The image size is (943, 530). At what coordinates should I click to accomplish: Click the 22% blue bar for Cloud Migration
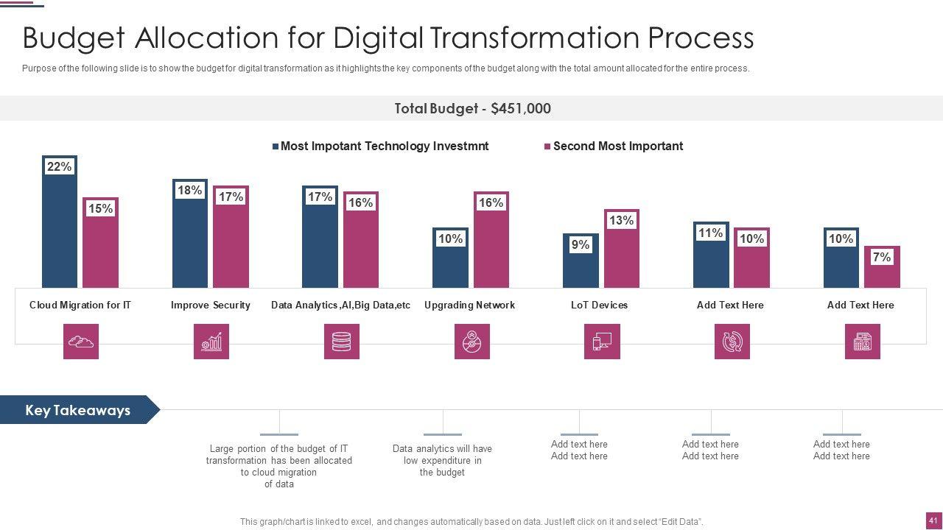click(x=60, y=228)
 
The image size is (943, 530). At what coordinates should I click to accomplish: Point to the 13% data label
click(x=621, y=220)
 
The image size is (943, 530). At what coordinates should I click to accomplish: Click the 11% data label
click(x=710, y=233)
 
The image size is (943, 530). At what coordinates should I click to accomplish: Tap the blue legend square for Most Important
click(x=276, y=146)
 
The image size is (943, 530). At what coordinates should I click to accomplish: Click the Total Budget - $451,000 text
click(x=472, y=108)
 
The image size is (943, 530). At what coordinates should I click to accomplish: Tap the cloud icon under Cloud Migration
click(x=81, y=342)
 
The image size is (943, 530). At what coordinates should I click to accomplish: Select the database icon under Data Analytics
click(x=342, y=342)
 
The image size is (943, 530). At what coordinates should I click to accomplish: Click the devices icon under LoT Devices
click(x=602, y=342)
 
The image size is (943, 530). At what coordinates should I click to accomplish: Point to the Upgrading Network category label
click(x=469, y=305)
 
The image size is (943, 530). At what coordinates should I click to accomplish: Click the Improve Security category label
click(x=210, y=305)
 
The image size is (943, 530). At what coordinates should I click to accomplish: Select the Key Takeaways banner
click(x=78, y=410)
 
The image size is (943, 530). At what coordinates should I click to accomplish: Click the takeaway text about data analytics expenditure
click(x=442, y=460)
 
